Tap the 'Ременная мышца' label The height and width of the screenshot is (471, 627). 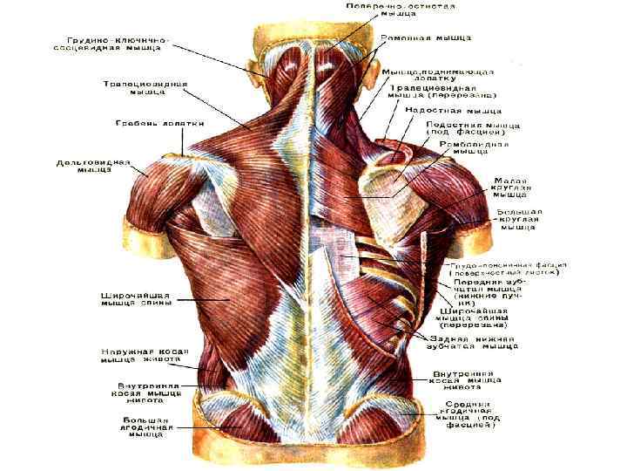(x=425, y=39)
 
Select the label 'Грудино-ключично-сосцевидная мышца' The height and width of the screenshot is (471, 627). (x=118, y=46)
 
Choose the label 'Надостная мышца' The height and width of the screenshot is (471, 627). (x=452, y=112)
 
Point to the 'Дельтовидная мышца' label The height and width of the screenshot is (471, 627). (x=93, y=167)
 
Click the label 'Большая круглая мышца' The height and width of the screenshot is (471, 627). (x=520, y=219)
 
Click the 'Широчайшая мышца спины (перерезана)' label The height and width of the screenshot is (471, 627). (x=478, y=317)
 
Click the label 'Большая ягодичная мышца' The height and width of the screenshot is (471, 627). (x=148, y=427)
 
